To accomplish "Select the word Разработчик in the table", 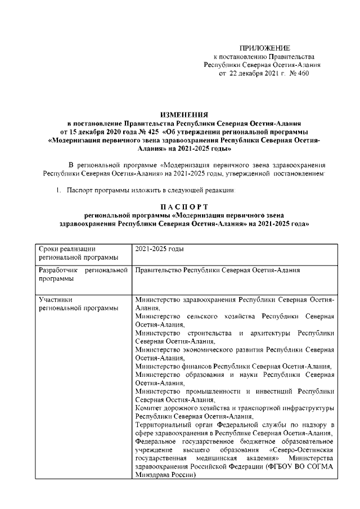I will point(58,271).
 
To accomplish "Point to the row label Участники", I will point(55,299).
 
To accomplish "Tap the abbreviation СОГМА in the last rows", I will point(318,466).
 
